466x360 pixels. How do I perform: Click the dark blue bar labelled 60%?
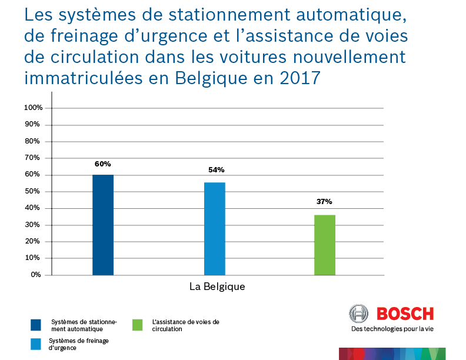point(103,225)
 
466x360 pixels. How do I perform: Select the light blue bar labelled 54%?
point(214,229)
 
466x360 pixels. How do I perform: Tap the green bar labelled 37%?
point(325,245)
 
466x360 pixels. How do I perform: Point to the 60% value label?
point(103,164)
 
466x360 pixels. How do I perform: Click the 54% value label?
point(216,170)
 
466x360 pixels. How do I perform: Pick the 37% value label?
point(324,202)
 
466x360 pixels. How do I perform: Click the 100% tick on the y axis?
point(33,108)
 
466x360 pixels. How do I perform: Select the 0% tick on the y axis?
point(36,275)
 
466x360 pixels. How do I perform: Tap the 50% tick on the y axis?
point(35,191)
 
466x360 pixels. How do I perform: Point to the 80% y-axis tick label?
point(35,141)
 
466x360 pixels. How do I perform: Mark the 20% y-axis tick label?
point(35,241)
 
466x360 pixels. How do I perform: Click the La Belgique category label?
point(217,287)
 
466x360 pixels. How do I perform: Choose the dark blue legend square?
point(36,325)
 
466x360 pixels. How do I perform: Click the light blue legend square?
point(36,344)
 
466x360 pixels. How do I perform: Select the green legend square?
point(138,325)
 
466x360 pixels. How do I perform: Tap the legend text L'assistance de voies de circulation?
point(185,325)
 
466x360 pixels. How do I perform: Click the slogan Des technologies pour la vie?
point(392,329)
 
